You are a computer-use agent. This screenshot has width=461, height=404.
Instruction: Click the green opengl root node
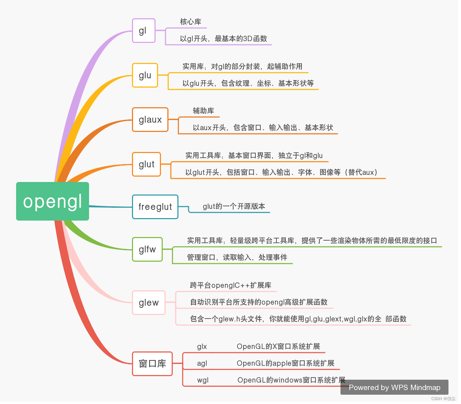pos(53,201)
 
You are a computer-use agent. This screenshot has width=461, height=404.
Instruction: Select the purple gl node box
pos(143,31)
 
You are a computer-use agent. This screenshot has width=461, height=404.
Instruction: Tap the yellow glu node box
pos(145,75)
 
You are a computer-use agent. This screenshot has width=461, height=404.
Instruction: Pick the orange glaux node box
pos(150,120)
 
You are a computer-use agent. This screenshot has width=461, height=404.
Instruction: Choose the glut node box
pos(146,164)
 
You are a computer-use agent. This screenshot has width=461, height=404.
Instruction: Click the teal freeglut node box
pos(155,207)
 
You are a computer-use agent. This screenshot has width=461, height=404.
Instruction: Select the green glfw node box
pos(147,250)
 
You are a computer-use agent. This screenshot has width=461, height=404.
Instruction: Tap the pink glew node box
pos(149,303)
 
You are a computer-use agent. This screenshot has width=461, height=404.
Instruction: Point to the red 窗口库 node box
pos(152,364)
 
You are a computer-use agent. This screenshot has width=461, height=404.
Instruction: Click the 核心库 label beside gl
pos(191,22)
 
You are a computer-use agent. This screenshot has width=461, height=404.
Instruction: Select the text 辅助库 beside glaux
pos(203,111)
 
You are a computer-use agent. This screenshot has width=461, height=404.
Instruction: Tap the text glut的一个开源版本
pos(234,206)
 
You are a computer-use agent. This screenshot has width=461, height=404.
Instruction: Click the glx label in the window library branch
pos(202,346)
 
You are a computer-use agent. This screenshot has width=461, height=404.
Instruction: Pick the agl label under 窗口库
pos(202,363)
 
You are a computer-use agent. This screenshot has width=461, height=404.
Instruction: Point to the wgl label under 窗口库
pos(203,380)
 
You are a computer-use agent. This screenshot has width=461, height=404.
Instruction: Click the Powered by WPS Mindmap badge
pos(394,388)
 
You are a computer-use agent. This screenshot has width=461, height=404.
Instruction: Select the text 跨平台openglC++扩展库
pos(231,285)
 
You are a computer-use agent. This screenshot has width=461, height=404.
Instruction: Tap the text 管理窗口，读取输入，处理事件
pos(237,257)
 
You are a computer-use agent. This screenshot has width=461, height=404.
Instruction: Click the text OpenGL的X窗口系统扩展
pos(278,346)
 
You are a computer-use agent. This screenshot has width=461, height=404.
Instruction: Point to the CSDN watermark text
pos(443,399)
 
